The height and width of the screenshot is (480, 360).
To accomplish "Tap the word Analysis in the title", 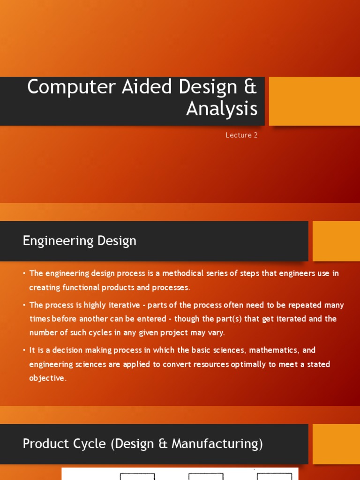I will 222,109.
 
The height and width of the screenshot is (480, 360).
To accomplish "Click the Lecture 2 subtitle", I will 241,135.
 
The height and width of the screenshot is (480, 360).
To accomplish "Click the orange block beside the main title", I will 314,101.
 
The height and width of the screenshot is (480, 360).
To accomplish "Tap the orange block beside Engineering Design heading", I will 336,241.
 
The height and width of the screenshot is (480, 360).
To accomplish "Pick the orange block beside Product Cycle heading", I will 336,444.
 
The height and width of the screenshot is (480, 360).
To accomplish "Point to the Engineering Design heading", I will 80,241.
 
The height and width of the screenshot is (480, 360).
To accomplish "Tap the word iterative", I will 122,305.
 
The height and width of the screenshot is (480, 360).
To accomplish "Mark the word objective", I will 47,378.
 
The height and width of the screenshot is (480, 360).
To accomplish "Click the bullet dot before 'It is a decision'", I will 24,351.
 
